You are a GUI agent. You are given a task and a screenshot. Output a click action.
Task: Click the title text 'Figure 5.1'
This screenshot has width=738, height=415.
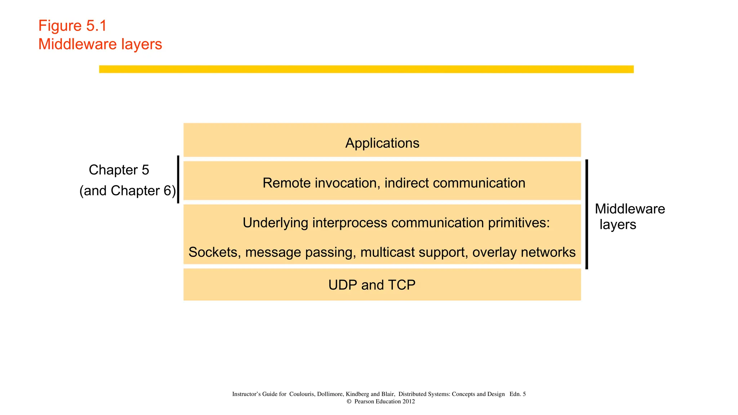point(72,26)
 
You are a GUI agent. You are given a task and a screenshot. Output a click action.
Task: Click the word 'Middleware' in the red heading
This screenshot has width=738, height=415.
point(77,44)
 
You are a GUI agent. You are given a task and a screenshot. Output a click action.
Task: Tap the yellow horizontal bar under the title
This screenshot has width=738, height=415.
point(366,69)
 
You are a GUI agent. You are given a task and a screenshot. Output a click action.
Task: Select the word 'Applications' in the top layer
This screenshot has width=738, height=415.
point(382,143)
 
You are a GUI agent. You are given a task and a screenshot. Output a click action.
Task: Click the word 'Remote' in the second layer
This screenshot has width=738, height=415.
point(286,183)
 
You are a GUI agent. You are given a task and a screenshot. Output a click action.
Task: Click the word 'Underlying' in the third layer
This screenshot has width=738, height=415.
point(275,223)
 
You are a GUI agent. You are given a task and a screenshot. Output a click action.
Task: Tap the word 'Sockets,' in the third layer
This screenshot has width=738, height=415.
point(215,252)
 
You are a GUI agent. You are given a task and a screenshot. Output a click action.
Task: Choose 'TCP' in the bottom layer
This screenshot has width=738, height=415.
point(401,285)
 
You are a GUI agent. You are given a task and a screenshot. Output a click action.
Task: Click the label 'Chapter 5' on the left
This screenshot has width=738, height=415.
point(119,170)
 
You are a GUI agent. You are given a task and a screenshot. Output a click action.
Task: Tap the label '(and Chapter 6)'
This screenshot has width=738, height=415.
point(128,191)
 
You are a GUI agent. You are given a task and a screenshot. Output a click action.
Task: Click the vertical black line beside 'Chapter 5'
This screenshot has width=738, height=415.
point(178,179)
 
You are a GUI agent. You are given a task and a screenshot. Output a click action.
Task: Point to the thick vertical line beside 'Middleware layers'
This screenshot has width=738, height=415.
point(587,214)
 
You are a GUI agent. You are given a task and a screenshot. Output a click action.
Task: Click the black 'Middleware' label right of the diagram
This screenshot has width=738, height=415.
point(630,209)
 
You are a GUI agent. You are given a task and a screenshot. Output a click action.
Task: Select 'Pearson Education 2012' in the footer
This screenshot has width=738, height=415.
point(384,401)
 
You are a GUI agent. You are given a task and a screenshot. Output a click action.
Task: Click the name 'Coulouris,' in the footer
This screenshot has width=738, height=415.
point(302,394)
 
